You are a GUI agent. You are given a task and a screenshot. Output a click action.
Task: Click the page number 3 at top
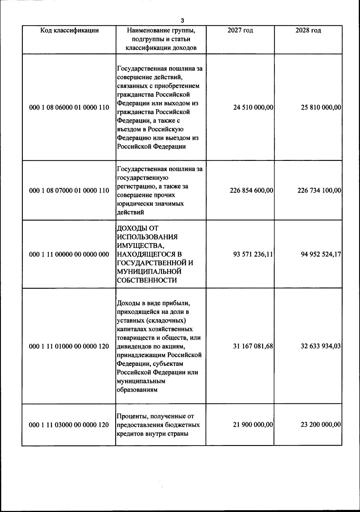pos(182,21)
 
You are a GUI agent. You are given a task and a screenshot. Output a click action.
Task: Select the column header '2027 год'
pos(240,30)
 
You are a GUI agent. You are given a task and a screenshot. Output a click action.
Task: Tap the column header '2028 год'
pos(308,30)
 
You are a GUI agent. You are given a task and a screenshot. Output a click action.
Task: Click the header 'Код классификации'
pos(69,30)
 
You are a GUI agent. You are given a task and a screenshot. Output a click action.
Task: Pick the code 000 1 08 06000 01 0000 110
pos(69,107)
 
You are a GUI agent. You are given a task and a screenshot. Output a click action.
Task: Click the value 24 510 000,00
pos(253,107)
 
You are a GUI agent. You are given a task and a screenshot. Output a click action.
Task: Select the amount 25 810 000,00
pos(321,107)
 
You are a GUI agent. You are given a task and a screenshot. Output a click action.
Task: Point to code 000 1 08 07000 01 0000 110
pos(69,190)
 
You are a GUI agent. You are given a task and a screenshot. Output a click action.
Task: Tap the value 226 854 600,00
pos(251,190)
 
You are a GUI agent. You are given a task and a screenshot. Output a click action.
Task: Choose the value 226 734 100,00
pos(319,190)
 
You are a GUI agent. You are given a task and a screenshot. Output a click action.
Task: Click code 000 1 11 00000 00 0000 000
pos(69,254)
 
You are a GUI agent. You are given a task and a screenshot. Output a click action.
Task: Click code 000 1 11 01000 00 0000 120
pos(69,346)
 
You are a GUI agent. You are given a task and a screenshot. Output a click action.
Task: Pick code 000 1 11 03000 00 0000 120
pos(69,425)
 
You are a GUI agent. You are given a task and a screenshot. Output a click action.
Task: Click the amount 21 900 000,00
pos(253,425)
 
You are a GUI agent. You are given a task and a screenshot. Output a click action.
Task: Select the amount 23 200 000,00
pos(321,425)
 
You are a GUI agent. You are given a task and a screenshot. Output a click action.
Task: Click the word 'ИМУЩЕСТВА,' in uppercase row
pos(140,246)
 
